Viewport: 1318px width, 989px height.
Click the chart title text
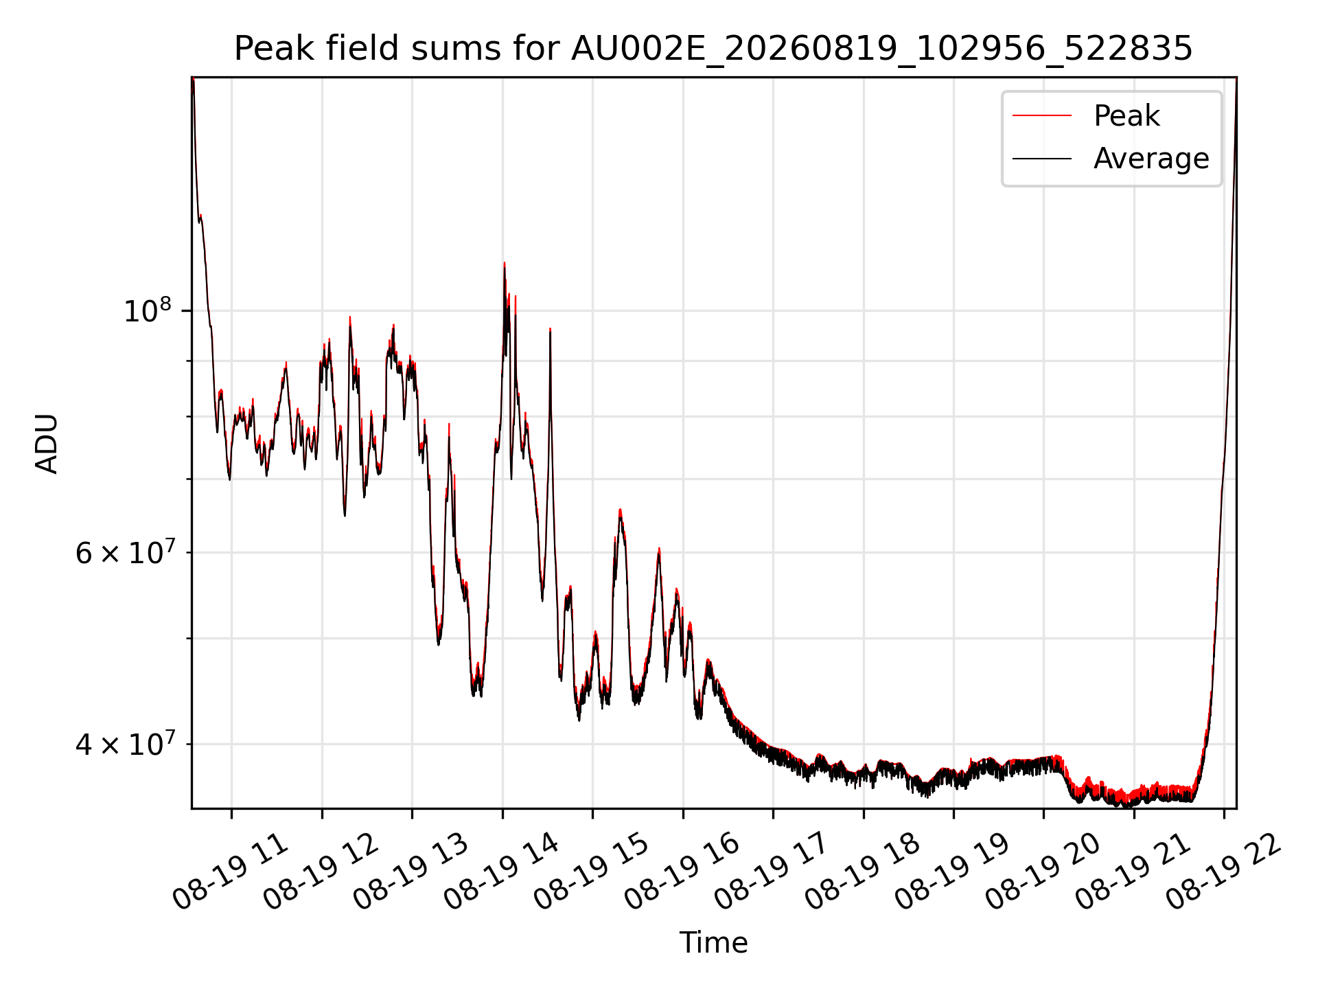pyautogui.click(x=713, y=49)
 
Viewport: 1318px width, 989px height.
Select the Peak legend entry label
pyautogui.click(x=1126, y=115)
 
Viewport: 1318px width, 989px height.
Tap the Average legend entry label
pyautogui.click(x=1151, y=159)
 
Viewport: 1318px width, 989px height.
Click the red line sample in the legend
pyautogui.click(x=1042, y=115)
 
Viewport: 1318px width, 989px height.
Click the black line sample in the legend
pyautogui.click(x=1042, y=159)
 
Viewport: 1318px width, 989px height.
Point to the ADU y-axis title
pyautogui.click(x=47, y=443)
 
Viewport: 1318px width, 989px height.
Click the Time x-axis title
pyautogui.click(x=713, y=942)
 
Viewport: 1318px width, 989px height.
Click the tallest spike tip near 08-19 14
pyautogui.click(x=504, y=262)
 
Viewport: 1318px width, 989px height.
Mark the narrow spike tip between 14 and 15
pyautogui.click(x=550, y=329)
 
